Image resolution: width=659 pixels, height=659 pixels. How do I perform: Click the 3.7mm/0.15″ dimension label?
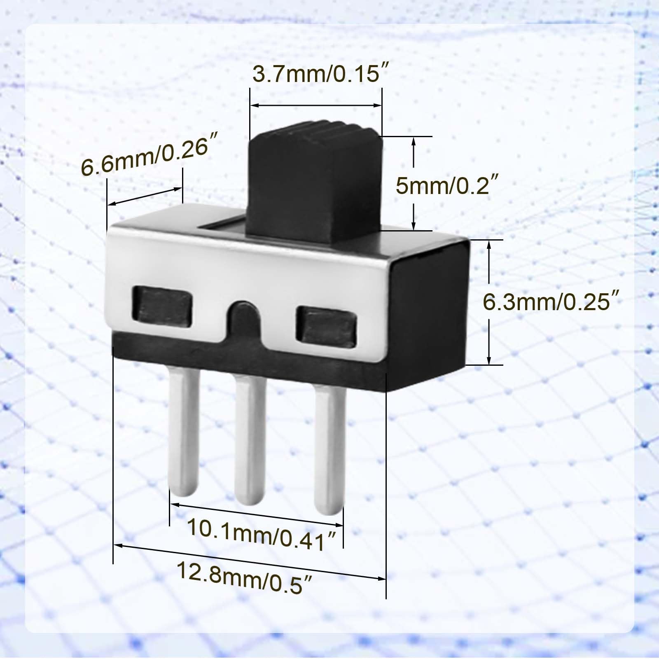pyautogui.click(x=320, y=75)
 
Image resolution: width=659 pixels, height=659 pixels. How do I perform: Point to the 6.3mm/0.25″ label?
pyautogui.click(x=551, y=302)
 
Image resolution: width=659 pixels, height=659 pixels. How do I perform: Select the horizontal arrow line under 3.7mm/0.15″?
pyautogui.click(x=316, y=106)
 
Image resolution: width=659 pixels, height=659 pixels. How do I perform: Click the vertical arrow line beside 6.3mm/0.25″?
pyautogui.click(x=489, y=302)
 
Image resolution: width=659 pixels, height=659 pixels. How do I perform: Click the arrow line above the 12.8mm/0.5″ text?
pyautogui.click(x=249, y=562)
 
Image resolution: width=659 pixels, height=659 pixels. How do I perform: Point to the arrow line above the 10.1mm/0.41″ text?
pyautogui.click(x=256, y=514)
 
